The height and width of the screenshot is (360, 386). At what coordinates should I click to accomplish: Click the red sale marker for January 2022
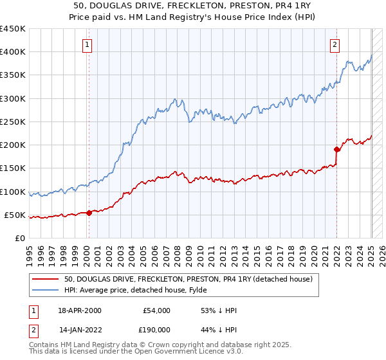[336, 150]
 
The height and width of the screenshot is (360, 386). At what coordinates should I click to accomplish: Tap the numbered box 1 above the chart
[87, 44]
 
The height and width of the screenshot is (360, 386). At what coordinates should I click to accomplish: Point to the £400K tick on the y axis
[13, 52]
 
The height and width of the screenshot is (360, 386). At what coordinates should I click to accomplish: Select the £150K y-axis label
[13, 168]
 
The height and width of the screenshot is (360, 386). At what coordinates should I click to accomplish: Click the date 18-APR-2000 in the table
[79, 310]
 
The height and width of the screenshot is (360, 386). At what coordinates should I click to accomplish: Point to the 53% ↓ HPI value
[219, 310]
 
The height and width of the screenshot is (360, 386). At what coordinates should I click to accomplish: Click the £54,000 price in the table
[156, 310]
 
